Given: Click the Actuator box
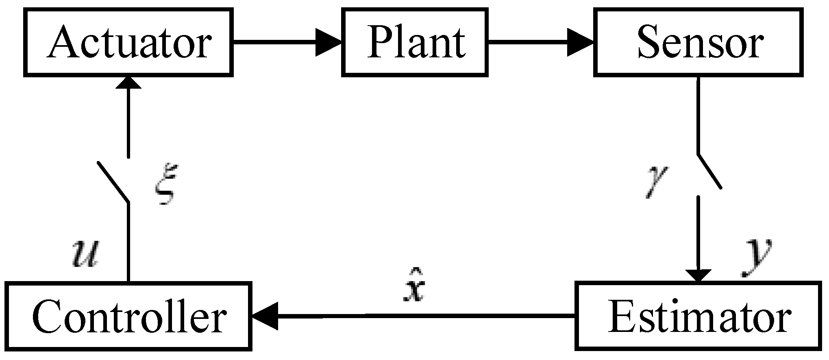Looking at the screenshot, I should click(128, 42).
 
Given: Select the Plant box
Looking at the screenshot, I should click(415, 42).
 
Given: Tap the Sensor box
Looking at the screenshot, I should click(698, 42).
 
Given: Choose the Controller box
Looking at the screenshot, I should click(129, 316).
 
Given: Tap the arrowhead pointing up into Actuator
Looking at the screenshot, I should click(128, 83).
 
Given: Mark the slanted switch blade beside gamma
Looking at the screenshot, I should click(709, 171).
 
